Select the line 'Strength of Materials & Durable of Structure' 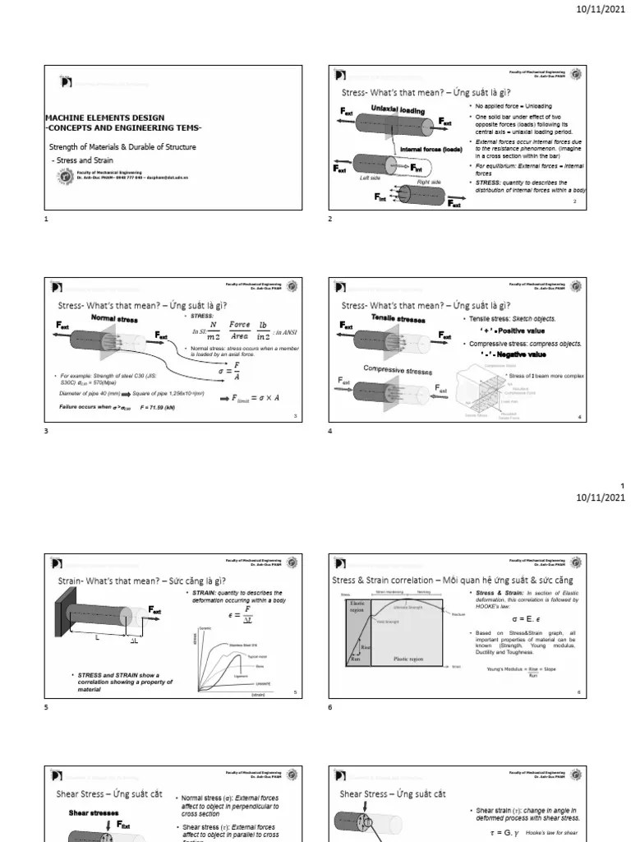tap(123, 146)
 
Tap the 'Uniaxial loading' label tap(398, 109)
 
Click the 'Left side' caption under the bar tap(371, 178)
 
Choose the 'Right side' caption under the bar tap(429, 181)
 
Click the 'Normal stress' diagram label tap(114, 317)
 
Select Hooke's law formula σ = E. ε tap(523, 618)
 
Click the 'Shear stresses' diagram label tap(90, 812)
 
